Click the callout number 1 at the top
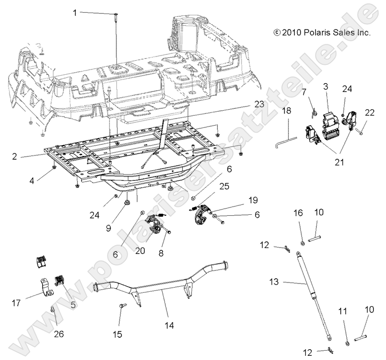pos(75,13)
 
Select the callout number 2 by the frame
pos(15,156)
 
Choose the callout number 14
pos(170,325)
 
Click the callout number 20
pos(140,250)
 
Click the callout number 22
pos(370,113)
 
